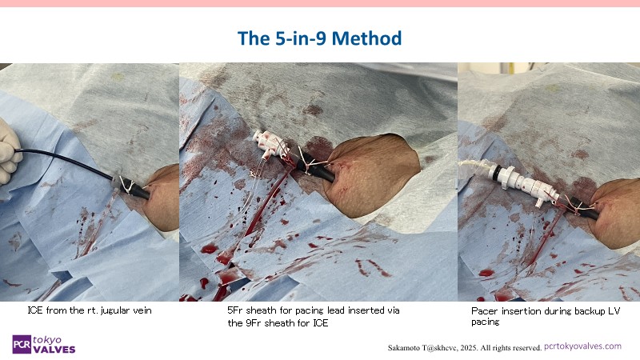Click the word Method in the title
click(x=366, y=38)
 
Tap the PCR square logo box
click(x=22, y=345)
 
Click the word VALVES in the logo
click(x=54, y=350)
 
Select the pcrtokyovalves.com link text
click(x=583, y=346)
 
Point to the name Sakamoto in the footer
click(x=404, y=348)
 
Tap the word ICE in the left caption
click(x=35, y=310)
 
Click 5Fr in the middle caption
click(x=235, y=310)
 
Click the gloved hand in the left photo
click(x=9, y=151)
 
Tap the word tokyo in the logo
click(x=47, y=340)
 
